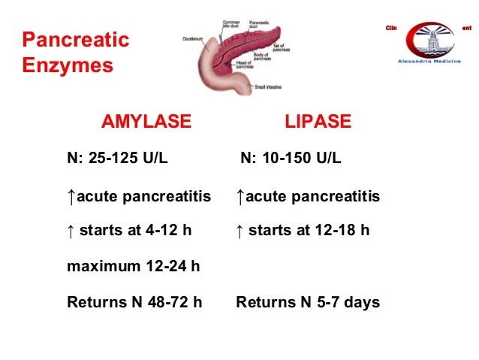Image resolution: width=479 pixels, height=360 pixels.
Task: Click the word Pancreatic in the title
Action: (75, 40)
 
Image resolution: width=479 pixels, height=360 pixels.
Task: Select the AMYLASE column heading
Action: (146, 122)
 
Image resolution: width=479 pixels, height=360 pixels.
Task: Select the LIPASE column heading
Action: (318, 122)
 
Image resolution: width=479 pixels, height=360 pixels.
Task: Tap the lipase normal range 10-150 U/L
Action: (291, 159)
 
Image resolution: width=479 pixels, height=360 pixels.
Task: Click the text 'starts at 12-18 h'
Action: (309, 231)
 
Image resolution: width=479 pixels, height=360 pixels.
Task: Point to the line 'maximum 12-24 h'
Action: (133, 266)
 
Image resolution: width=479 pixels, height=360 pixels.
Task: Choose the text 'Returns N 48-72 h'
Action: (135, 302)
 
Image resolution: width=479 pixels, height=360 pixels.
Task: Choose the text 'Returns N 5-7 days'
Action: (308, 302)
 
